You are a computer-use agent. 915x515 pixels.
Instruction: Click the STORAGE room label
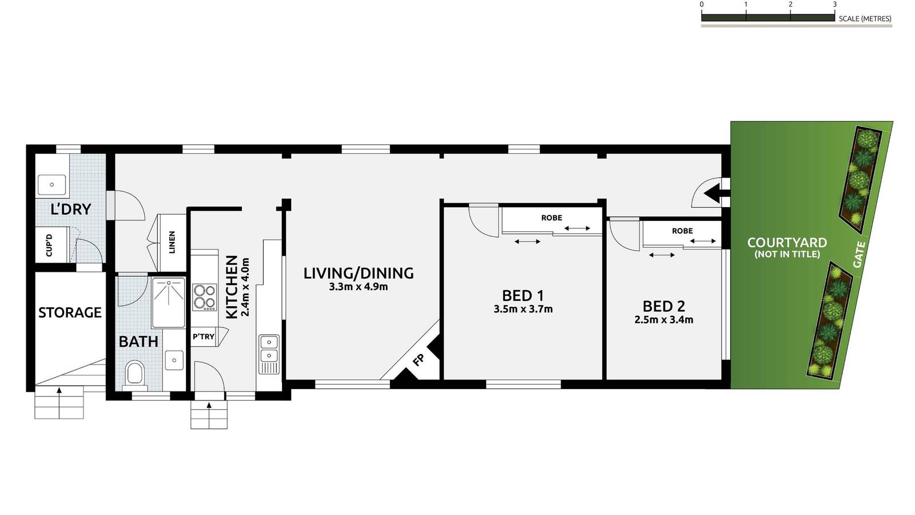click(x=70, y=312)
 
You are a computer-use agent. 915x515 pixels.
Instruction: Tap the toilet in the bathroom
click(x=135, y=373)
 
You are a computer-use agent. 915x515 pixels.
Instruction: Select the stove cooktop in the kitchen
click(x=204, y=297)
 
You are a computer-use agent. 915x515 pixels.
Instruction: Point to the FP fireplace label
click(x=419, y=360)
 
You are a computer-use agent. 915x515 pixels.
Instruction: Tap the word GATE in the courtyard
click(x=859, y=254)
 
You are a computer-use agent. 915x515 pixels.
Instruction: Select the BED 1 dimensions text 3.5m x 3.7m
click(x=523, y=310)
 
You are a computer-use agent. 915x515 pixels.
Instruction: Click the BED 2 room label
click(x=663, y=306)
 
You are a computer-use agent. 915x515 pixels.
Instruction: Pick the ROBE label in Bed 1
click(x=551, y=218)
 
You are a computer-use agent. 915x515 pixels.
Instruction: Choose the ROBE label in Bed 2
click(x=682, y=231)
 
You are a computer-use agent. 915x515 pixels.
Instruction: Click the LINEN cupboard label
click(x=172, y=242)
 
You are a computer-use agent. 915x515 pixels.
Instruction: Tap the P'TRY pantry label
click(x=204, y=336)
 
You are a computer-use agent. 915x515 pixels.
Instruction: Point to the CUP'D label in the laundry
click(x=49, y=245)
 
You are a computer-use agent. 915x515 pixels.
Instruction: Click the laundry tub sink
click(x=51, y=185)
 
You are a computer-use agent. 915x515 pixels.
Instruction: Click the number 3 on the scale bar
click(x=834, y=5)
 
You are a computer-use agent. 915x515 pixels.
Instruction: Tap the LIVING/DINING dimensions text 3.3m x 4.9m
click(x=358, y=287)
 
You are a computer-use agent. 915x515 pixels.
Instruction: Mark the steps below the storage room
click(x=59, y=403)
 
